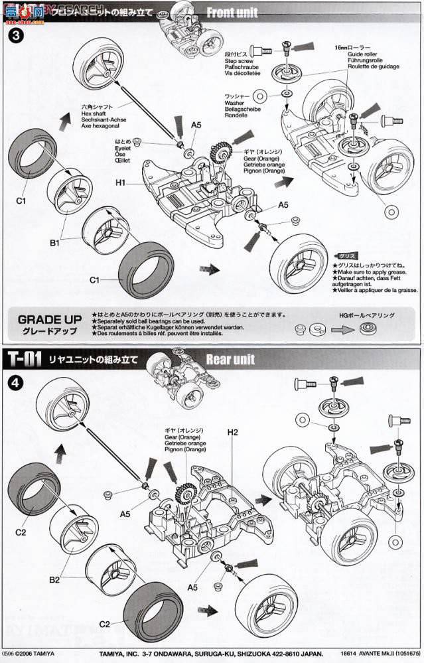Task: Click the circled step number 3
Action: click(14, 35)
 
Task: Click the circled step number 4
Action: click(14, 382)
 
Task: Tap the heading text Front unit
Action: click(232, 13)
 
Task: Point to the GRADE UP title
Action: click(51, 319)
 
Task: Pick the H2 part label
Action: click(232, 432)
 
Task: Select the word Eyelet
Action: click(123, 147)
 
